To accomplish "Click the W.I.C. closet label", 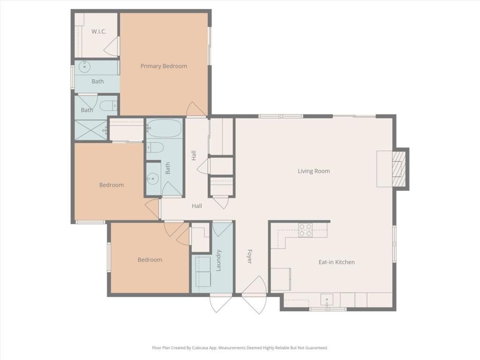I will click(98, 31).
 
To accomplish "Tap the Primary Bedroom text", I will click(164, 66).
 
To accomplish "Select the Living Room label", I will click(314, 171).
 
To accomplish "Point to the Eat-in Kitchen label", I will click(337, 262).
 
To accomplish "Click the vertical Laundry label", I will click(218, 261).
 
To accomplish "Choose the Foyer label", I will click(249, 256).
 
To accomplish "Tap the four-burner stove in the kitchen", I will click(306, 229).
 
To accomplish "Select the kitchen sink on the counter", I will click(327, 299).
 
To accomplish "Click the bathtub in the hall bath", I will click(164, 128).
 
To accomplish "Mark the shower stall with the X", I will click(91, 130).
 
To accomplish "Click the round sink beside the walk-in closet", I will click(85, 67).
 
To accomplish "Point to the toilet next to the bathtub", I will click(155, 147).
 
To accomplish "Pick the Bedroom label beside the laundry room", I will click(150, 260).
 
